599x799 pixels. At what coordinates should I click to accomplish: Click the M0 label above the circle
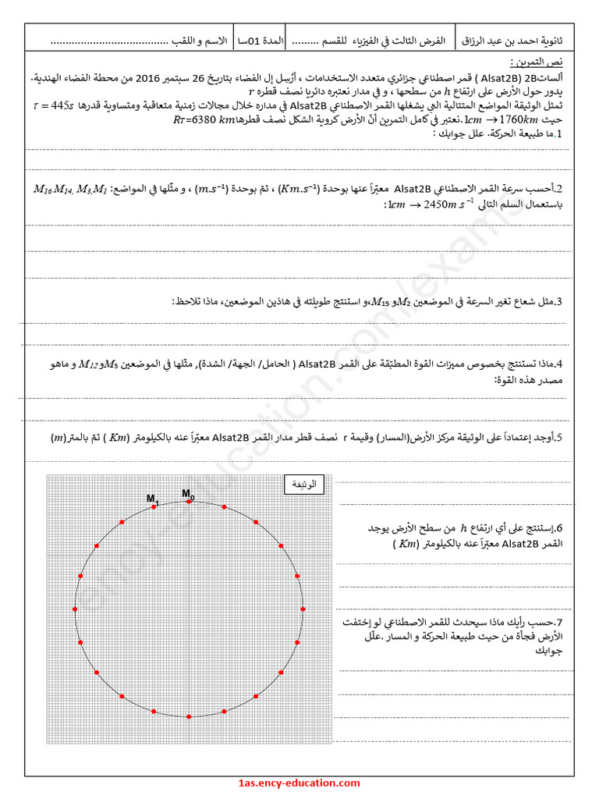point(188,493)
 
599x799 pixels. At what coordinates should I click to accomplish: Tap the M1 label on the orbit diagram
point(152,498)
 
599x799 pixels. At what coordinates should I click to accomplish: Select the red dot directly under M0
point(189,503)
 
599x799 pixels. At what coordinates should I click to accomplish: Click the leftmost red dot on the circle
point(75,609)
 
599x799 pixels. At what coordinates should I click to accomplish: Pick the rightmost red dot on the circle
point(303,609)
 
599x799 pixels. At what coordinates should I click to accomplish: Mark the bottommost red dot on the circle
point(189,716)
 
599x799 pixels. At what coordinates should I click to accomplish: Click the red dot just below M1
point(154,507)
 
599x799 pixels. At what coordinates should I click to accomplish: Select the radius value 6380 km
point(207,120)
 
